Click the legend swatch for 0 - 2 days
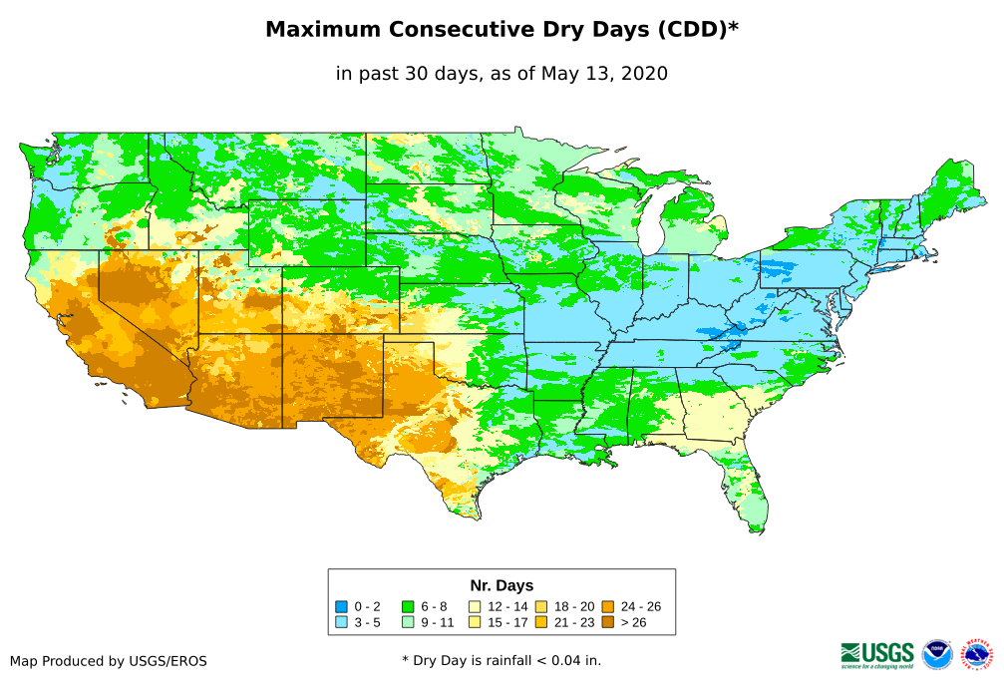click(341, 606)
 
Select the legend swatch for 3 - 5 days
click(341, 621)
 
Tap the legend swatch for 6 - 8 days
click(408, 606)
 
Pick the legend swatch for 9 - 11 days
click(408, 621)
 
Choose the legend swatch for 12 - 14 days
click(475, 606)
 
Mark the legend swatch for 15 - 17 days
click(475, 621)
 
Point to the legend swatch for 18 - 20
click(541, 606)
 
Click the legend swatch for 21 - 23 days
click(541, 621)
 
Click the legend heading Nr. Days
click(502, 585)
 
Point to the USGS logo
click(877, 653)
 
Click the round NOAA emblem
click(937, 654)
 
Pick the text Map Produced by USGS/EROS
click(109, 661)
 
